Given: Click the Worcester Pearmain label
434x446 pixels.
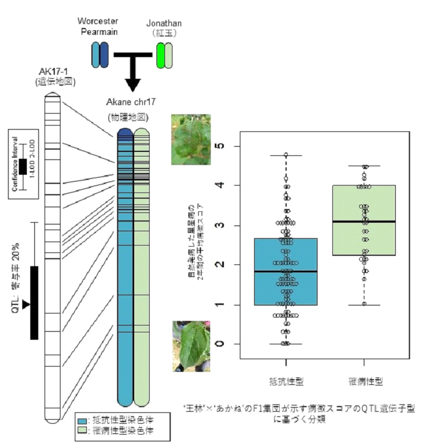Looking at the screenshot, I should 98,26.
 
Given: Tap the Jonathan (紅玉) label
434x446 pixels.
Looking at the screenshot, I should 164,28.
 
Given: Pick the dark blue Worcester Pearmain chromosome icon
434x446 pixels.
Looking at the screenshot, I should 104,55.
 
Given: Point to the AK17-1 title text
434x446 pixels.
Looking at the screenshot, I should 53,71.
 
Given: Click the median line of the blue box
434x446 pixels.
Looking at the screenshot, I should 286,271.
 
